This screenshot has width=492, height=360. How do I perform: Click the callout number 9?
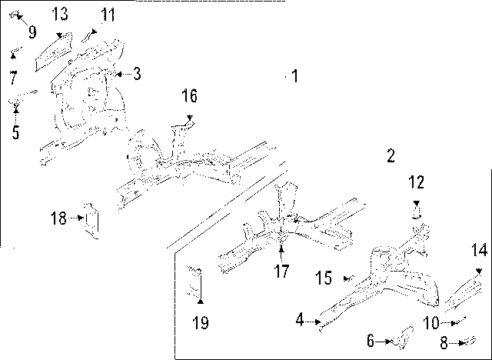pyautogui.click(x=32, y=32)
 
